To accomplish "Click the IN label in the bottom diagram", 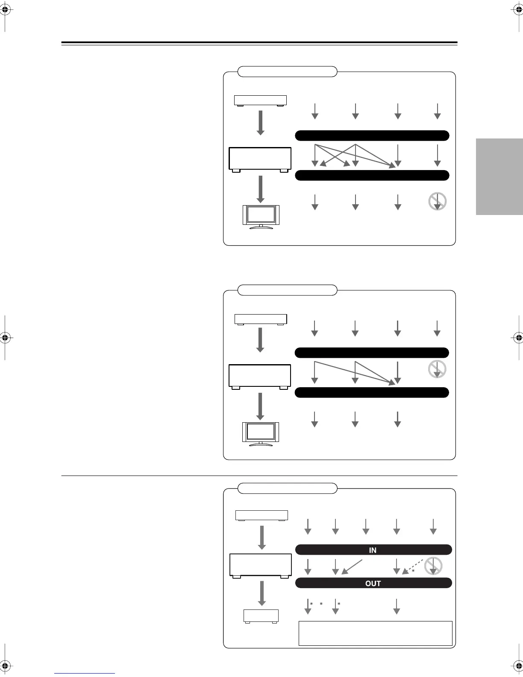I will pos(373,550).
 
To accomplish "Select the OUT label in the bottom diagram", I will pos(373,583).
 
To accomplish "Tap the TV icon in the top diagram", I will pos(261,217).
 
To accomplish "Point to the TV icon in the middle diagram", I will pos(261,434).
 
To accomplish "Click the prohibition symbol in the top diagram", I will pos(438,201).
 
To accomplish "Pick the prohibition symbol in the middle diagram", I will pos(437,369).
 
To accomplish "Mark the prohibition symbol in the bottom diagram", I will pos(434,566).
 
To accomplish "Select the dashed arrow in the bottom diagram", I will pos(413,565).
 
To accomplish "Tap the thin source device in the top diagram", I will pos(260,100).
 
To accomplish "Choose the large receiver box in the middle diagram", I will pos(260,376).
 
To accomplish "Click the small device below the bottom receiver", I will pos(261,616).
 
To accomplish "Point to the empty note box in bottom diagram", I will pos(375,633).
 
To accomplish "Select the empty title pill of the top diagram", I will pos(287,71).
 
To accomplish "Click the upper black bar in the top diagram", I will pos(372,135).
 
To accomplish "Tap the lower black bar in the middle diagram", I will pos(372,392).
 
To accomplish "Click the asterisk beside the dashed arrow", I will pos(413,571).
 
